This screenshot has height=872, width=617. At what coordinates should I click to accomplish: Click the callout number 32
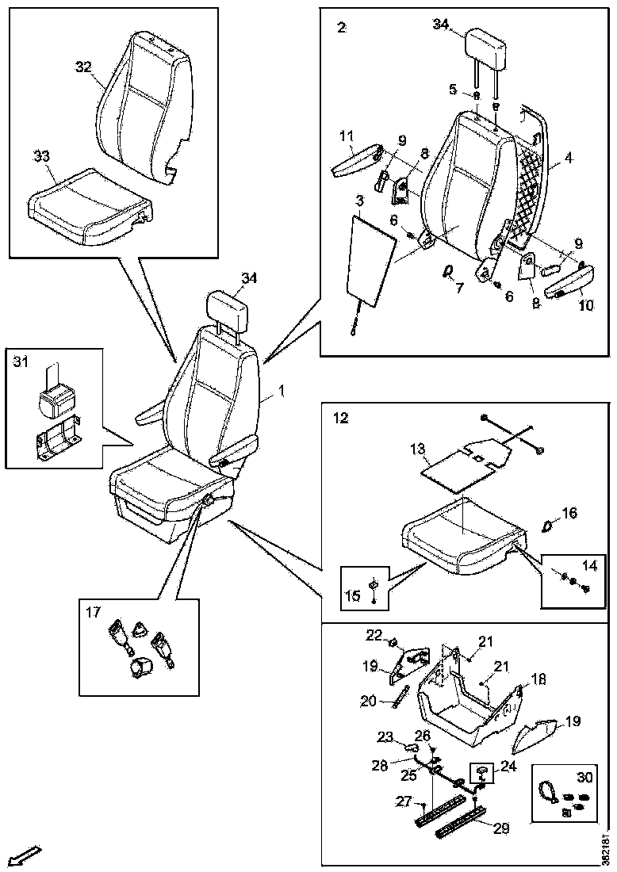(x=84, y=67)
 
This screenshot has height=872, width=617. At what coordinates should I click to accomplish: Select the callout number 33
(x=42, y=156)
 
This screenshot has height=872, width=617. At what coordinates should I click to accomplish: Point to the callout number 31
(x=21, y=362)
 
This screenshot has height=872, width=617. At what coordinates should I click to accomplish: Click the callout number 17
(x=94, y=611)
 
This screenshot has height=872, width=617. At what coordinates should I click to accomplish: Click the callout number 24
(x=508, y=766)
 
